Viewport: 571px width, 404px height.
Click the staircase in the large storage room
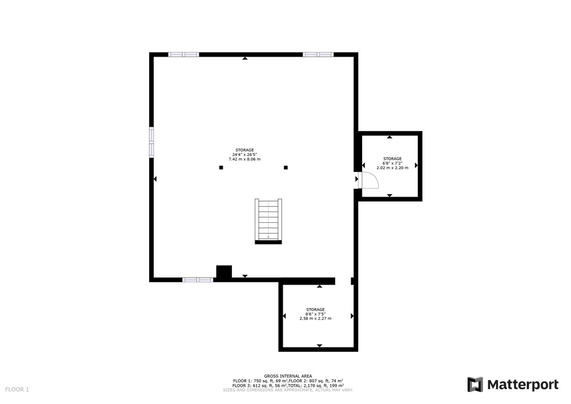(x=268, y=221)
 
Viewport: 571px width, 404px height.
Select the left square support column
(x=221, y=167)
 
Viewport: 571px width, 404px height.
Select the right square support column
(x=286, y=167)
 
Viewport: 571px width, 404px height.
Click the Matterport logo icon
(x=475, y=385)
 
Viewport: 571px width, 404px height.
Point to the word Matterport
(x=523, y=385)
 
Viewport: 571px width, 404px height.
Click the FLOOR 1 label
(x=17, y=389)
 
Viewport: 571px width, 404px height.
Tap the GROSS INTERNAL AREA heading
(x=288, y=377)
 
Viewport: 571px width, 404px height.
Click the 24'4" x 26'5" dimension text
(x=245, y=154)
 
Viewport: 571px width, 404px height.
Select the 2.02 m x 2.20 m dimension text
(x=393, y=167)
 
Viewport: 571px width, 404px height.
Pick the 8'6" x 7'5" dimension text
(x=315, y=314)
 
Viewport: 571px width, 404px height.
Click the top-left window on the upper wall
(x=183, y=55)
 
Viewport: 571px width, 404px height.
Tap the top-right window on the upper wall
(x=318, y=55)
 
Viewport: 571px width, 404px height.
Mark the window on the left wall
(x=151, y=142)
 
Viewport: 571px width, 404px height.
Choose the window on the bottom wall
(x=198, y=280)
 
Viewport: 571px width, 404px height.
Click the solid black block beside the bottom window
(x=224, y=273)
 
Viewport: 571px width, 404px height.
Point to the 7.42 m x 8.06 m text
(x=245, y=159)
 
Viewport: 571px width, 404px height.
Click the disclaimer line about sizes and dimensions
(x=288, y=390)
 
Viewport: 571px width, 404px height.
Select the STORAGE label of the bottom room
(x=315, y=310)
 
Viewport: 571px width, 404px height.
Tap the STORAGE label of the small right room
(x=393, y=159)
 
